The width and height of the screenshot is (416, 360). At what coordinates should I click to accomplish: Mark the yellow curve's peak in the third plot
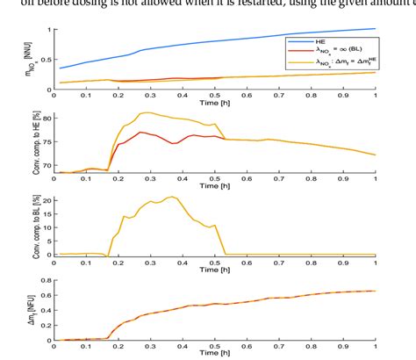coord(172,198)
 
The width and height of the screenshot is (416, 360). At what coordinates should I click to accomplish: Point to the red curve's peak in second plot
coord(140,132)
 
